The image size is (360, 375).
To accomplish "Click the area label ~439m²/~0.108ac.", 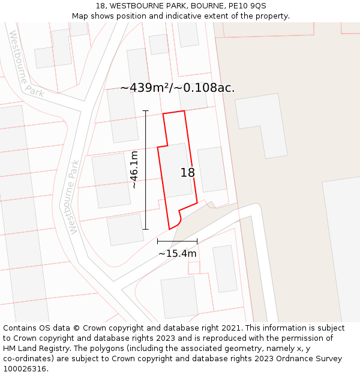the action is click(177, 88).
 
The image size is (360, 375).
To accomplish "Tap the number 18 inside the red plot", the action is click(188, 173).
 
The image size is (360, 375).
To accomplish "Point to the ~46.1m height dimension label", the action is click(134, 170).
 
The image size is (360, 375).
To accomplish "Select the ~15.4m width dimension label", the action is click(177, 253).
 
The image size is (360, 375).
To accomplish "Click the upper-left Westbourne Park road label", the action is click(26, 64).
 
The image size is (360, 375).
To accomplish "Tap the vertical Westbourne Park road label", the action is click(74, 196).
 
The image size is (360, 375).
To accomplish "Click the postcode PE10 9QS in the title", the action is click(251, 6).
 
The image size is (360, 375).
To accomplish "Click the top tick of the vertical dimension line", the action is click(145, 111).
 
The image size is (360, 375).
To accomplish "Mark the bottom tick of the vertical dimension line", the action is click(145, 229).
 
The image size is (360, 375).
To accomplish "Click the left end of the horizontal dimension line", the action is click(158, 241).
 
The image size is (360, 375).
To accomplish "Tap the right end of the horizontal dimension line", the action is click(197, 241).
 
